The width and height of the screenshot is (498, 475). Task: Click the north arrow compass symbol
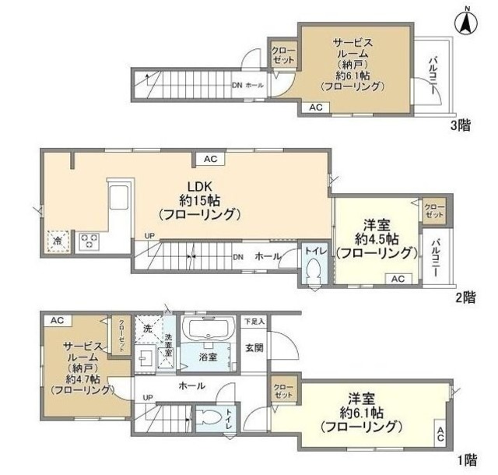pos(467,23)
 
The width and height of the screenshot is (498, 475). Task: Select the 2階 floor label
pos(465,297)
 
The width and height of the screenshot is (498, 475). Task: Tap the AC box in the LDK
pos(209,159)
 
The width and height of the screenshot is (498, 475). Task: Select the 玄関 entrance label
pos(254,347)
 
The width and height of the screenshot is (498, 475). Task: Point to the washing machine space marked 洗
pos(147,329)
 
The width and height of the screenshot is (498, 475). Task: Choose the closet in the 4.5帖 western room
pos(434,209)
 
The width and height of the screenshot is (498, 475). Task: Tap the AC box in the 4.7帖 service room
pos(56,320)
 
